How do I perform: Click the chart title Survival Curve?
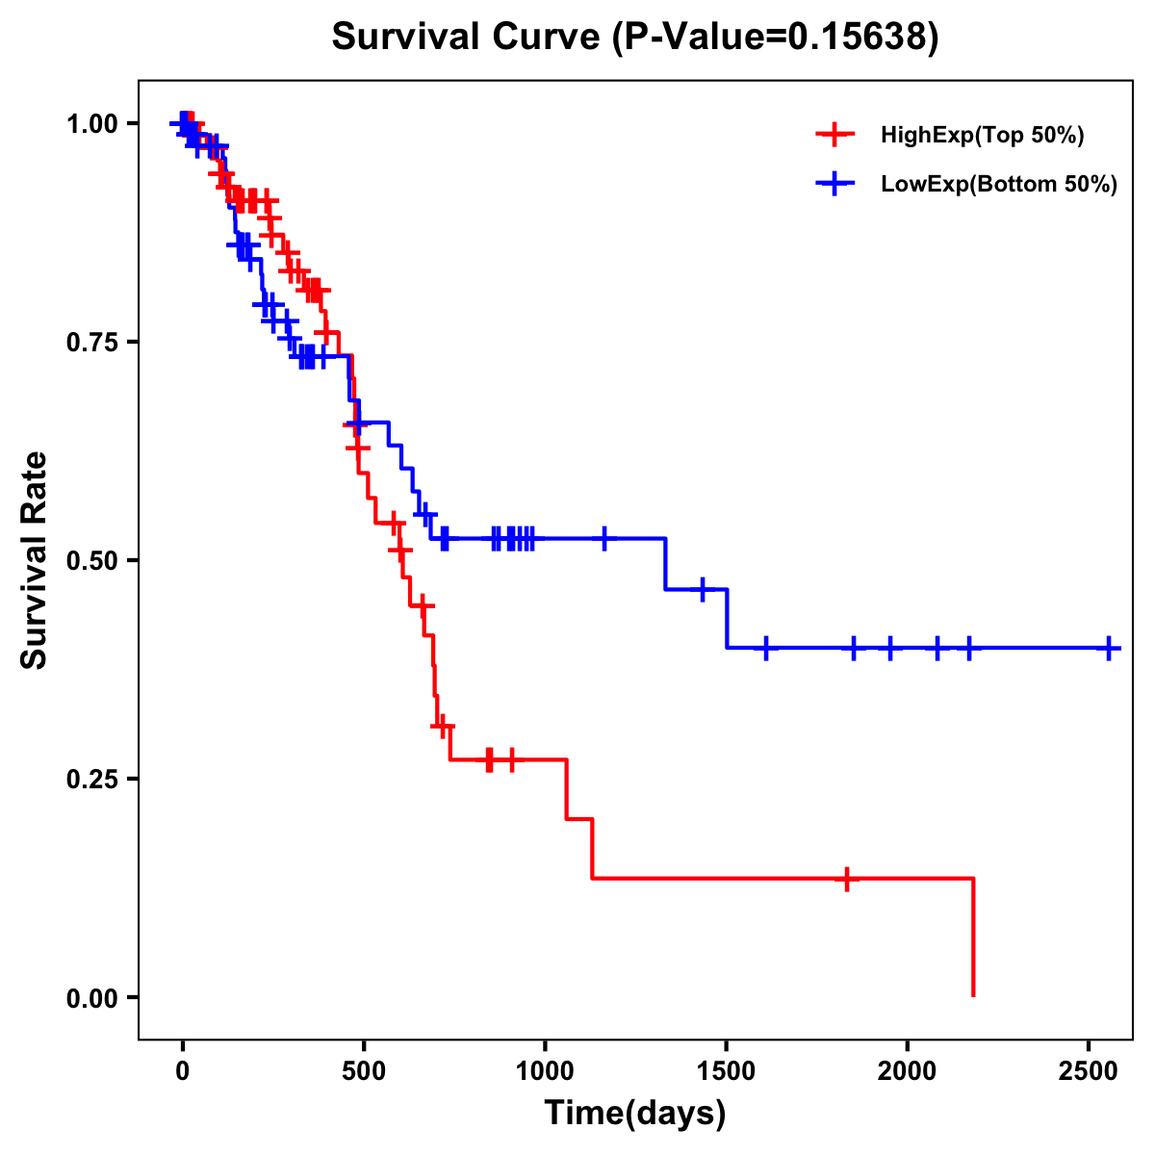click(635, 38)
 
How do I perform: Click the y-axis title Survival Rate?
click(35, 560)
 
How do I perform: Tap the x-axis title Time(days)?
click(635, 1113)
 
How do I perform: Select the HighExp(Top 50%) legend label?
click(983, 136)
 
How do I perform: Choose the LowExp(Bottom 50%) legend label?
click(999, 185)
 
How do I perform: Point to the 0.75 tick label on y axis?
click(91, 342)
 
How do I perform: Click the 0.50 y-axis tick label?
click(91, 560)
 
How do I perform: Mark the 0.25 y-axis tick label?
click(91, 779)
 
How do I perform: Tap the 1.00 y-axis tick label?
click(91, 124)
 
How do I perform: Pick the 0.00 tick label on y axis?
click(91, 997)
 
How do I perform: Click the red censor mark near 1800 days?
click(847, 879)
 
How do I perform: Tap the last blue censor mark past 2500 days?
click(1109, 648)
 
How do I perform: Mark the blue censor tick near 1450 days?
click(703, 589)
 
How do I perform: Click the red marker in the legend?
click(834, 136)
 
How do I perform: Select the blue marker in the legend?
click(834, 185)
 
